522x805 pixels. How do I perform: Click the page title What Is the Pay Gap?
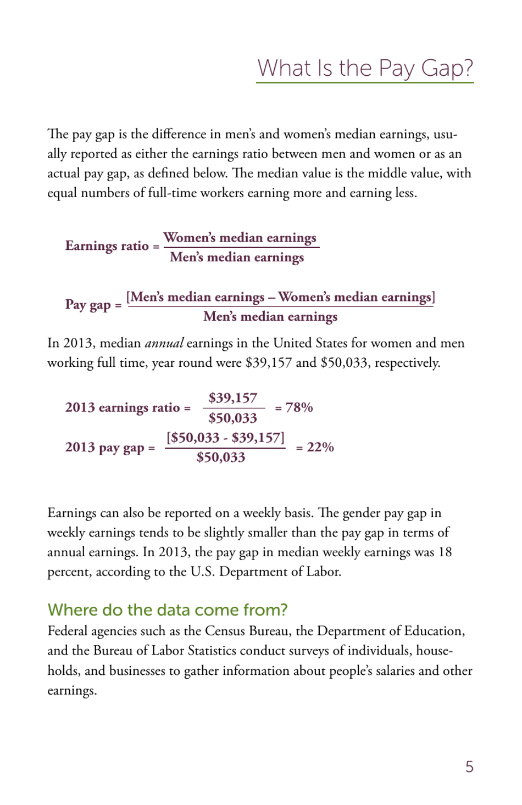365,68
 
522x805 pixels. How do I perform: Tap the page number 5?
469,767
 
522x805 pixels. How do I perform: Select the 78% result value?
299,407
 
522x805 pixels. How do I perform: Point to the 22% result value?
320,448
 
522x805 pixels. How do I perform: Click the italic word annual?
164,343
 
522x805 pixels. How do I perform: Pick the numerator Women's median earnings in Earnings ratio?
240,238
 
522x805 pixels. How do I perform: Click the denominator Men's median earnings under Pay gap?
270,317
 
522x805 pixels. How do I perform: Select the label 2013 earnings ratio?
123,407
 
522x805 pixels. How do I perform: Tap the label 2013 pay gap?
104,448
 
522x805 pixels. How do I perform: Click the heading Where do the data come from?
168,610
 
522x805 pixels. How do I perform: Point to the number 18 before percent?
445,552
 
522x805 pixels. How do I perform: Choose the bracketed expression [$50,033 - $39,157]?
226,438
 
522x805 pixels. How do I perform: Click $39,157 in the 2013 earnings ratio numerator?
233,398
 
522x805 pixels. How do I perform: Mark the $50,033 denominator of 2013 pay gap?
221,457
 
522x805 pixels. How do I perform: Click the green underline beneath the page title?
365,83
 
